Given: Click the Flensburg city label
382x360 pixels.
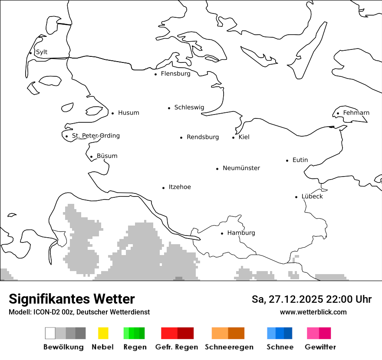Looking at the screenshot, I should coord(175,74).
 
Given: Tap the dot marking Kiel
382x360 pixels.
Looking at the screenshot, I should coord(234,137).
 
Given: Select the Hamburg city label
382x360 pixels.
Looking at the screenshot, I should coord(241,233).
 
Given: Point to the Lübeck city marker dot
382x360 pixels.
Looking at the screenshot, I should coord(296,197).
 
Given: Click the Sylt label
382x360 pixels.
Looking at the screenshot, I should coord(42,52).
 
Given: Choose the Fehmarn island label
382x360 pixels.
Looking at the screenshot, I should coord(356,113).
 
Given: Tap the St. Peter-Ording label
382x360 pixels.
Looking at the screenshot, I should coord(95,136).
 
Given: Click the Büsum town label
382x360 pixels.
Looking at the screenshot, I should coord(107,156).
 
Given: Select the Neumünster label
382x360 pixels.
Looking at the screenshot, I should coord(241,168).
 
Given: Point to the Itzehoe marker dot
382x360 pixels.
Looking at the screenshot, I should coord(164,188).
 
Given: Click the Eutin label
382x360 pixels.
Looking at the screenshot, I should coord(300,160).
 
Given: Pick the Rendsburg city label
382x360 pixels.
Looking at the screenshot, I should coord(203,137).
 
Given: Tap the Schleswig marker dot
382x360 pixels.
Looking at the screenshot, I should coord(169,108).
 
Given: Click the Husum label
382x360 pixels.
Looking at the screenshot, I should coord(128,113).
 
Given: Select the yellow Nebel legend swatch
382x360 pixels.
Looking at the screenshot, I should coord(103,333).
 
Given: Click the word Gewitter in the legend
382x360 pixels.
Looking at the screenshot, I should coord(320,347).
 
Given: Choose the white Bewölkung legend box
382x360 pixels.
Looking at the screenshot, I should coord(50,333).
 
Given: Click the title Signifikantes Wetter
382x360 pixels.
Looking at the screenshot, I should coord(72,299).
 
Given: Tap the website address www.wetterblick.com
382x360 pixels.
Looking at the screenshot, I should coord(313,312).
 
